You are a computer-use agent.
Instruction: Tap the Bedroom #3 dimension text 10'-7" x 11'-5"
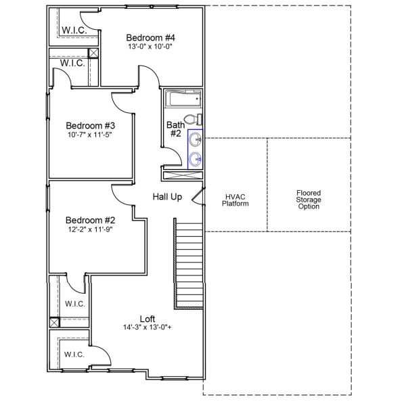coord(90,135)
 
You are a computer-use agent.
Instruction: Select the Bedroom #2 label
coord(90,220)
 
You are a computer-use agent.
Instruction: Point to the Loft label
coord(148,319)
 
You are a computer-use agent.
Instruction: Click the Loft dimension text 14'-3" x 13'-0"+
coord(148,328)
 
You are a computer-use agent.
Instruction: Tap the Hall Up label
coord(166,196)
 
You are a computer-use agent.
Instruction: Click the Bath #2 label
coord(175,129)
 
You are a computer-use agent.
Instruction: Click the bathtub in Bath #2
coord(183,100)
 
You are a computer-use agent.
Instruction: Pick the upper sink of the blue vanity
coord(195,140)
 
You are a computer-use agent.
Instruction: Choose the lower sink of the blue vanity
coord(195,159)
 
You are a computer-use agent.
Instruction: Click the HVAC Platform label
coord(235,200)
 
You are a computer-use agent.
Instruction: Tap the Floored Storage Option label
coord(309,200)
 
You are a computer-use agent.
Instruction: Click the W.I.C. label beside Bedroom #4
coord(73,30)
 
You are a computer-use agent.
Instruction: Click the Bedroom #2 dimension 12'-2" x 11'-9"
coord(90,229)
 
